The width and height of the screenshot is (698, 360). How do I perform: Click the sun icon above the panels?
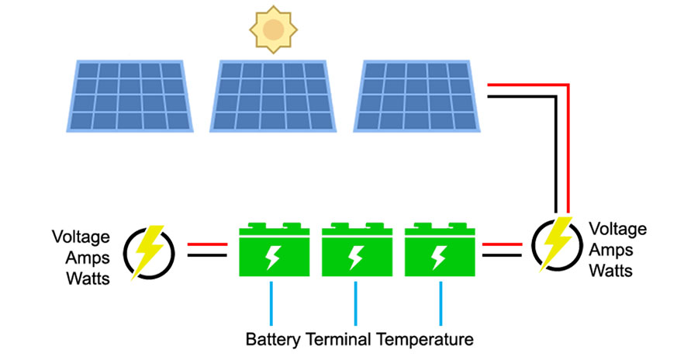coord(272,29)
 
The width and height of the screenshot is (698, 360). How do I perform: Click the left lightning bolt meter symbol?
coord(147,251)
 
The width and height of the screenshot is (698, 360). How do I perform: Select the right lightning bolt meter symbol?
coord(556,244)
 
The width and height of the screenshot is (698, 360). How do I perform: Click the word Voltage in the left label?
coord(81,237)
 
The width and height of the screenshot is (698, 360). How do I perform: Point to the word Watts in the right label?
coord(611,271)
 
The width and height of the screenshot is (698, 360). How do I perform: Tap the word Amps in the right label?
coord(610,251)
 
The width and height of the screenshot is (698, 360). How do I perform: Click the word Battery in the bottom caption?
coord(273,340)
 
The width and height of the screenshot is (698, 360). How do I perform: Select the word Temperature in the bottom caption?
coord(425,340)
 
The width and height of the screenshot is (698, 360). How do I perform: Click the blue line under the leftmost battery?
coord(271,303)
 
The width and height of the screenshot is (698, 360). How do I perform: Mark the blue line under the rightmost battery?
coord(441,303)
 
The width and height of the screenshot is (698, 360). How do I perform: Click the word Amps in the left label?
coord(81,257)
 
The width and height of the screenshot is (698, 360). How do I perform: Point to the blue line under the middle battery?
coord(356,303)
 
